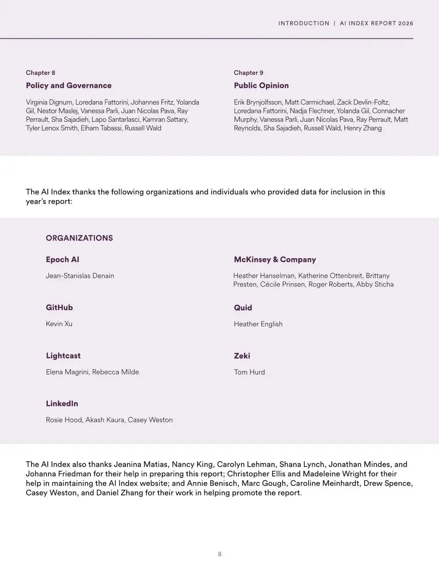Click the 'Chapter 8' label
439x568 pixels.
coord(40,73)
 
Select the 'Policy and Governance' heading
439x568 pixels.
coord(68,85)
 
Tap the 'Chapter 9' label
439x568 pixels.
coord(248,73)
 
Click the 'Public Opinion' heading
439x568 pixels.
coord(261,85)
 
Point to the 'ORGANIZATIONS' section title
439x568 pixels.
coord(79,238)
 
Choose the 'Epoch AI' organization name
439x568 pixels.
coord(62,259)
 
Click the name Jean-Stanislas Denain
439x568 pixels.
coord(80,276)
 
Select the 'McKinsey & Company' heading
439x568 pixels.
coord(275,259)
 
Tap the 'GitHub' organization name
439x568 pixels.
coord(59,308)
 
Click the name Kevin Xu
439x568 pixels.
coord(59,324)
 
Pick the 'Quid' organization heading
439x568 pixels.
coord(243,308)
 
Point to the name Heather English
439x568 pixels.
coord(258,324)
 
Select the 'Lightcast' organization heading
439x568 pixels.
coord(63,356)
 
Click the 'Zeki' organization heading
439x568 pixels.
coord(242,356)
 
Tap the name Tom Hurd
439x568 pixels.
coord(249,372)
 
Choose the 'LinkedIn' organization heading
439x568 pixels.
coord(62,404)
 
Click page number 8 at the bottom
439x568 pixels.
coord(219,554)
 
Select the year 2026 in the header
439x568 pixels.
coord(406,23)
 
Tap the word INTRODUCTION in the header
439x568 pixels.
coord(303,23)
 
